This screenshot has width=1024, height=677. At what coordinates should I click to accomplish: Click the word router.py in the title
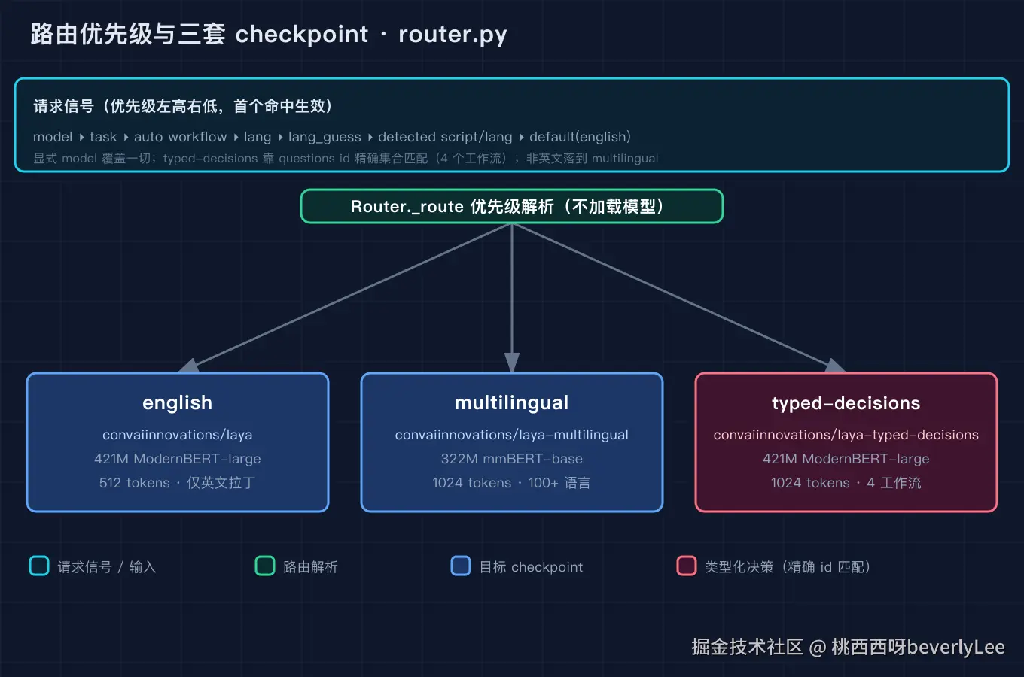453,35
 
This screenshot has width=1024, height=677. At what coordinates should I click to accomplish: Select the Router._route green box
511,206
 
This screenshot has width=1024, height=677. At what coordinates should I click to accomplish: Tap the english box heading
178,403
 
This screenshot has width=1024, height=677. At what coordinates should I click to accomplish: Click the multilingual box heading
511,403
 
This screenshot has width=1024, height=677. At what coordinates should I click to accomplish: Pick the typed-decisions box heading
846,403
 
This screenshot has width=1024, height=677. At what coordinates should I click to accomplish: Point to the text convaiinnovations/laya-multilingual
511,435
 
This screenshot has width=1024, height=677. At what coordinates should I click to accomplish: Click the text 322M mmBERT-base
511,459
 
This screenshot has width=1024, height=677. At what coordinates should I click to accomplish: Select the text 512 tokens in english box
134,483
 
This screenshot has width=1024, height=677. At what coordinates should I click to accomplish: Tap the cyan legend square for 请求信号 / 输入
39,566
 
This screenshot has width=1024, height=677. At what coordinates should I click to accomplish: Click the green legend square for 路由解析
265,566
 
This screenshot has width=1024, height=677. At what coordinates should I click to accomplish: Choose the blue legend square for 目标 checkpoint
460,566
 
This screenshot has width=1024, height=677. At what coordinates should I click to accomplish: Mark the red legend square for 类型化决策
686,566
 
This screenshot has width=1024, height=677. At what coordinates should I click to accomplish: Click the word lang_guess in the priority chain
325,137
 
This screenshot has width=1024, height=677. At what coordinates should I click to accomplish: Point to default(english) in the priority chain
580,137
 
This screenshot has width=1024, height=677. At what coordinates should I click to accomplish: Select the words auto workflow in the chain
180,137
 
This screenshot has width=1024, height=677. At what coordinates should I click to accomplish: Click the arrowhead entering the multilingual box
511,363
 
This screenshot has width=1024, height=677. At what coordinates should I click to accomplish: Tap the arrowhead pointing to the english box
189,366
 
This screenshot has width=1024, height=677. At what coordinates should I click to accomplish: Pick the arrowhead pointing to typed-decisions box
835,366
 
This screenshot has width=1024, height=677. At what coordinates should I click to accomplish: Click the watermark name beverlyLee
955,648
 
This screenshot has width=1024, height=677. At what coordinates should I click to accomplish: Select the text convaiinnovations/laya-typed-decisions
846,435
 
